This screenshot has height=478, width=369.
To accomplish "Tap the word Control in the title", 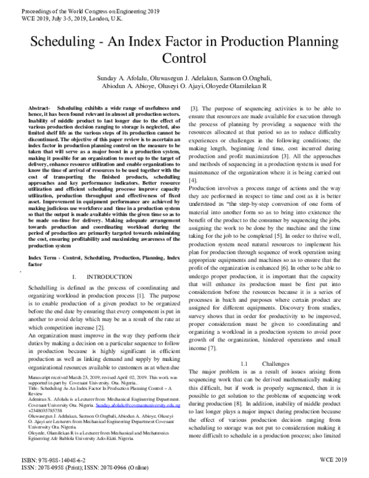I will click(x=184, y=59).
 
